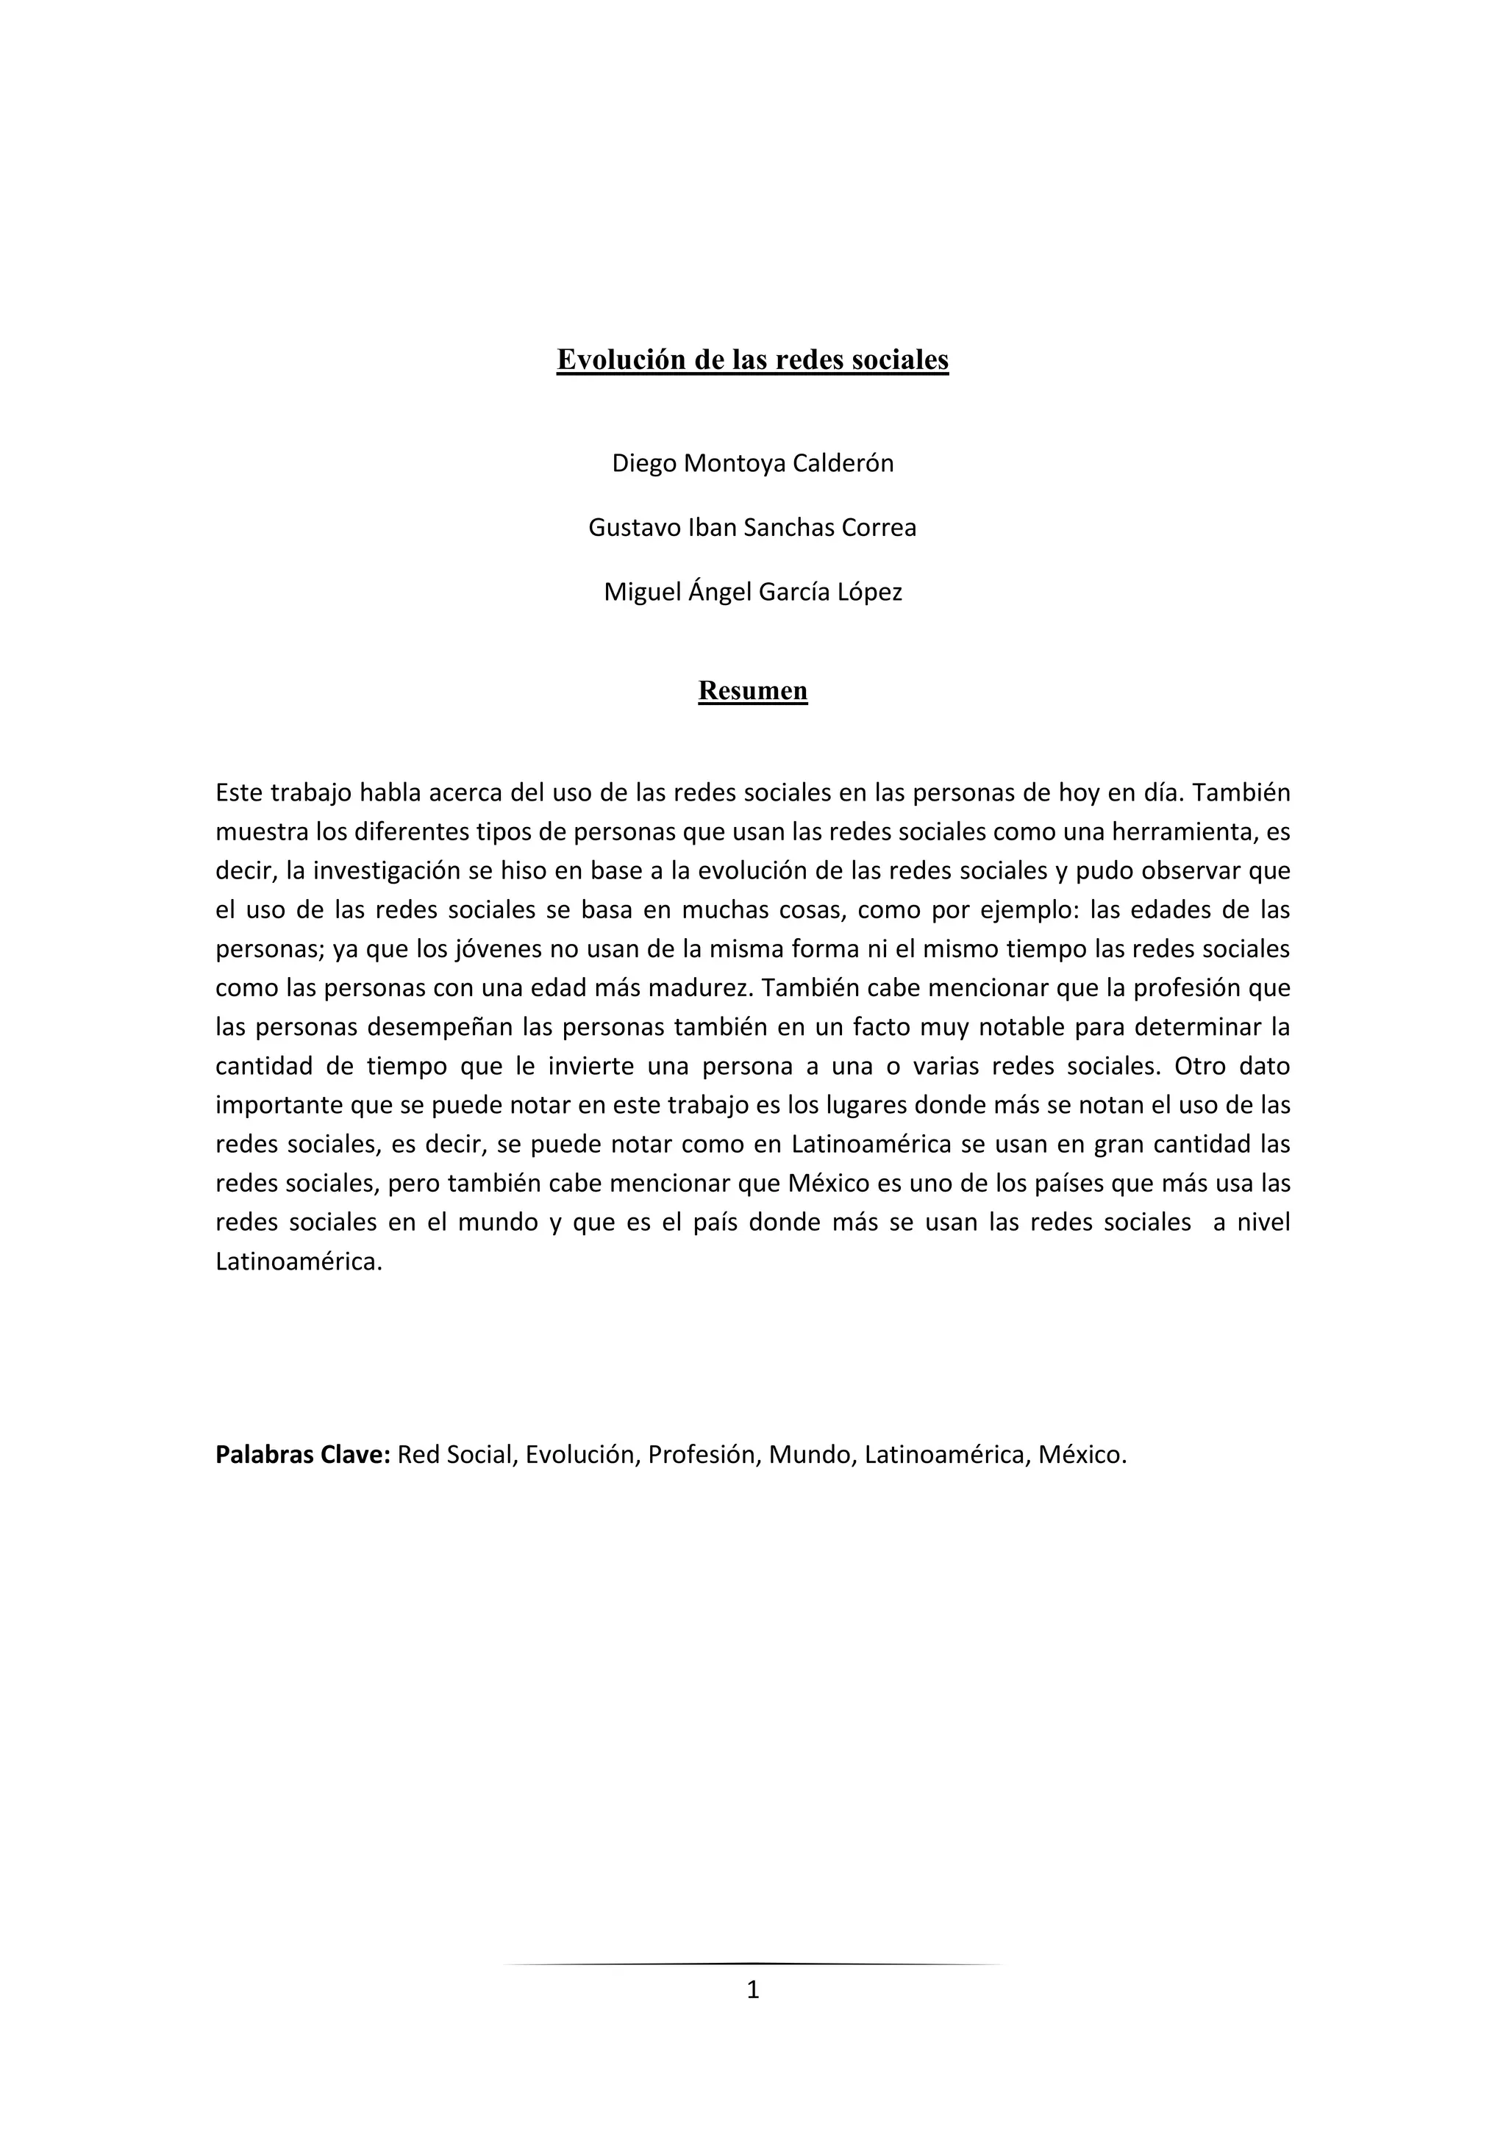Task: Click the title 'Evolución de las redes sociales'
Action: [752, 359]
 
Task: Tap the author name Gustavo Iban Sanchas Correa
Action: [752, 528]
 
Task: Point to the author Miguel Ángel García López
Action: [752, 592]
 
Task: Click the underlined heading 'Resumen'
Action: [752, 691]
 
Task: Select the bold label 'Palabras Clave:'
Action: [302, 1454]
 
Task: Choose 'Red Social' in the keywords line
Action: [454, 1454]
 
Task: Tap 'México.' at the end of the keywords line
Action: [1082, 1454]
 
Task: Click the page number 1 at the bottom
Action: [752, 1989]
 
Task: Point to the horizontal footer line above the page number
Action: [752, 1964]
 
